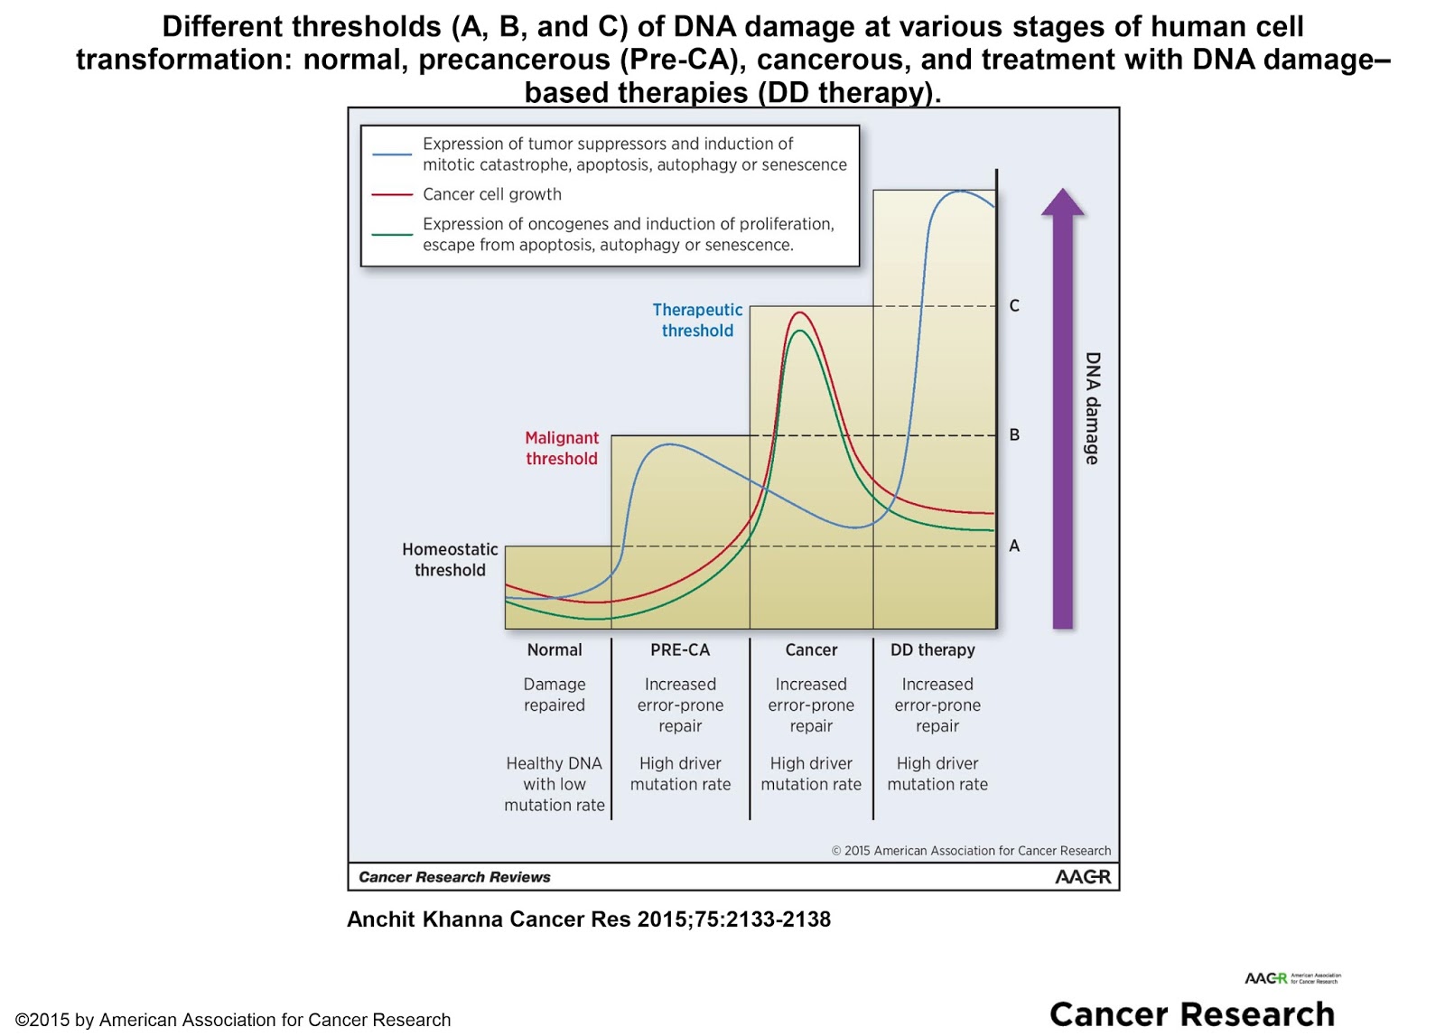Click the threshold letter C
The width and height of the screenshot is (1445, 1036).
tap(1014, 306)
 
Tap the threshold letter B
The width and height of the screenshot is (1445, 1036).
tap(1014, 435)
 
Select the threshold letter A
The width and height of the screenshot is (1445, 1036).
tap(1014, 546)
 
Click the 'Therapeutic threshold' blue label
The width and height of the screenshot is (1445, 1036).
tap(697, 321)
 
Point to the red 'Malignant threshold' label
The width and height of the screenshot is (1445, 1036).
tap(562, 448)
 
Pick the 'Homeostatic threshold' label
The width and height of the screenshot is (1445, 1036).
tap(450, 560)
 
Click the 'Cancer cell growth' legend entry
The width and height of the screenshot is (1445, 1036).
tap(491, 194)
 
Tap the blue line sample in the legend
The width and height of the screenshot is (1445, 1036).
tap(392, 154)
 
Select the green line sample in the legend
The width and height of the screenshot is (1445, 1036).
tap(392, 235)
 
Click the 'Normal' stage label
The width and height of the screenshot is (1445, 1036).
tap(555, 650)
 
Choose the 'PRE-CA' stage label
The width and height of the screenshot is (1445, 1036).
tap(680, 650)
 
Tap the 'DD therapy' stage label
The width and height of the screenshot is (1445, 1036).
tap(932, 650)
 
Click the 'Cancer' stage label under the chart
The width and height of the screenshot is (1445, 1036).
tap(811, 650)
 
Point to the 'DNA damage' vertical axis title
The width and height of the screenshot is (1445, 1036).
tap(1093, 408)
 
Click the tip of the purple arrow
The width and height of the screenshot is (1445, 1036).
tap(1063, 191)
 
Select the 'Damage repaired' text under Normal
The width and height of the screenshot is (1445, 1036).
tap(555, 695)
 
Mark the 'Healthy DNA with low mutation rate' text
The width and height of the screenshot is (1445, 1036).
tap(555, 784)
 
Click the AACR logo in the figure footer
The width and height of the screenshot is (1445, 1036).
tap(1083, 877)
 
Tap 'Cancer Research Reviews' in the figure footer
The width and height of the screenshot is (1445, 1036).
tap(454, 877)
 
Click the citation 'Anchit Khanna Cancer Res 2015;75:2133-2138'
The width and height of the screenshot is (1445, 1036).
tap(589, 919)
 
